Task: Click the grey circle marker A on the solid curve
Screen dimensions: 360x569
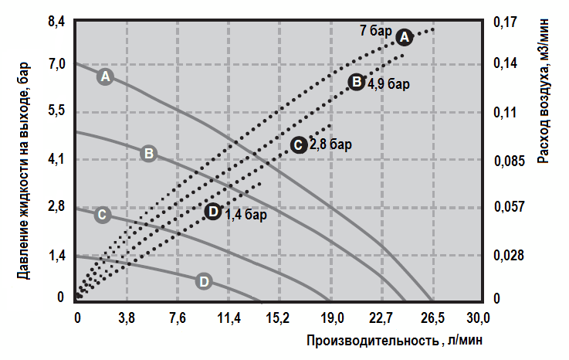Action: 107,76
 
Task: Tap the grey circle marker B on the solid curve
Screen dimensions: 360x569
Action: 150,153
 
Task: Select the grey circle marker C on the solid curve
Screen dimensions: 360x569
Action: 102,215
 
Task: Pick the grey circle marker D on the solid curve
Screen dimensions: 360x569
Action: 204,281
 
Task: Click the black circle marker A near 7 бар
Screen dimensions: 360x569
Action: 405,36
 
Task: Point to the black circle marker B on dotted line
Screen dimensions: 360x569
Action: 356,82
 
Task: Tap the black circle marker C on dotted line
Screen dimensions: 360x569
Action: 298,144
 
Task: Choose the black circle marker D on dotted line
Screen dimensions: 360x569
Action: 214,211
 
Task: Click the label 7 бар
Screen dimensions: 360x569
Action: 376,32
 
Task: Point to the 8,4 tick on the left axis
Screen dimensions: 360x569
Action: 57,22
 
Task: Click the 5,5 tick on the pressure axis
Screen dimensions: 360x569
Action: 57,113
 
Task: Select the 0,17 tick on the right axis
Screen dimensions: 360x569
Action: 504,22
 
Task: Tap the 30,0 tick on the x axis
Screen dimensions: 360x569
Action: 478,318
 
